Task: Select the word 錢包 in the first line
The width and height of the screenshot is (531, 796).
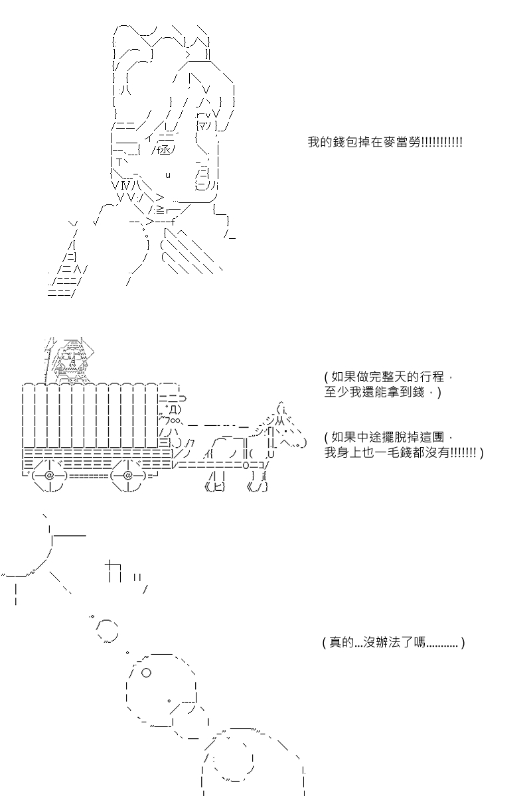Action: point(337,143)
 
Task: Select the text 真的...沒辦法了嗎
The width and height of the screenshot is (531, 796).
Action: point(392,643)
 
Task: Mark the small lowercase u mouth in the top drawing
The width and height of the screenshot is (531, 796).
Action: point(168,175)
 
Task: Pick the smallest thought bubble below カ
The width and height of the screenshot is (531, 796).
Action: point(92,616)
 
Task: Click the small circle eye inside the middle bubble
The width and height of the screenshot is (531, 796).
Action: point(147,672)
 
